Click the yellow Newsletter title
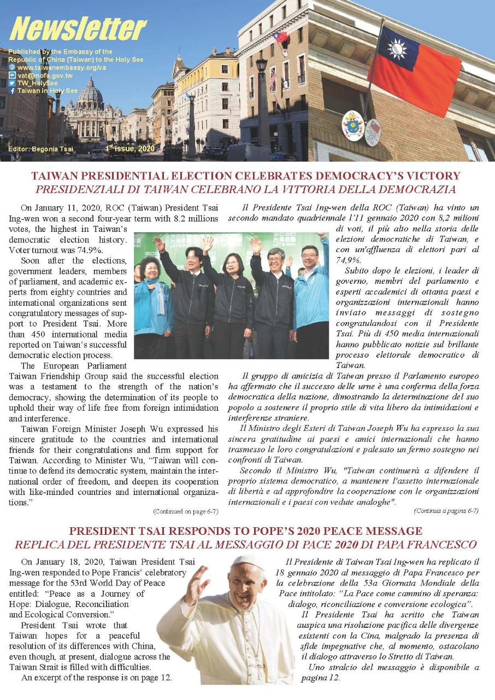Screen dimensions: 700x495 (78, 28)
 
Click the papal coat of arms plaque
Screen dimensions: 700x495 (352, 125)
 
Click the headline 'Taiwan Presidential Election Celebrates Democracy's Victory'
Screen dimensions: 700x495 (246, 177)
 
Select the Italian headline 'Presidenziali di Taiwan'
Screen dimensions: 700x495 (246, 189)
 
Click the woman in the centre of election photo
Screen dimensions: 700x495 (229, 284)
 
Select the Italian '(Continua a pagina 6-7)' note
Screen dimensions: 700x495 (446, 511)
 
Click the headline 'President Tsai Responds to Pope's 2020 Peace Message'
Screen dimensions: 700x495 (246, 531)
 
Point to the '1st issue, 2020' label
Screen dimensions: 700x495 (130, 149)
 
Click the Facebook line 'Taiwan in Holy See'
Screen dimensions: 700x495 (47, 91)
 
